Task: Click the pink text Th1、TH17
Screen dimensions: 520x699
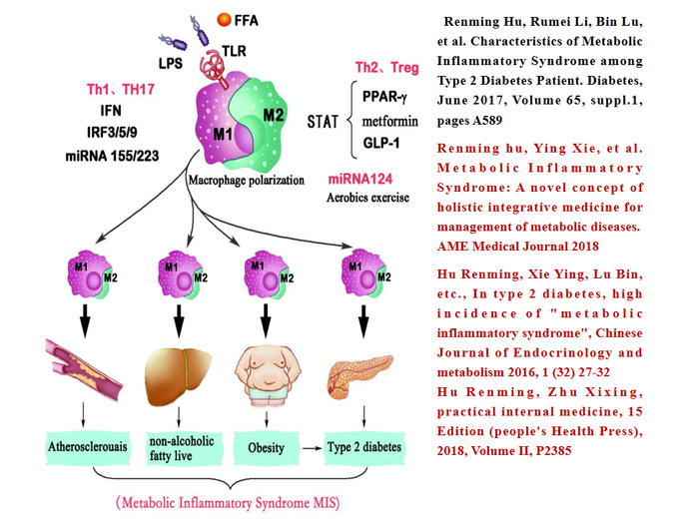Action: coord(118,90)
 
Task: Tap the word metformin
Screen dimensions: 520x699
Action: coord(386,122)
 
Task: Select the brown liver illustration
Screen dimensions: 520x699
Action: coord(180,369)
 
